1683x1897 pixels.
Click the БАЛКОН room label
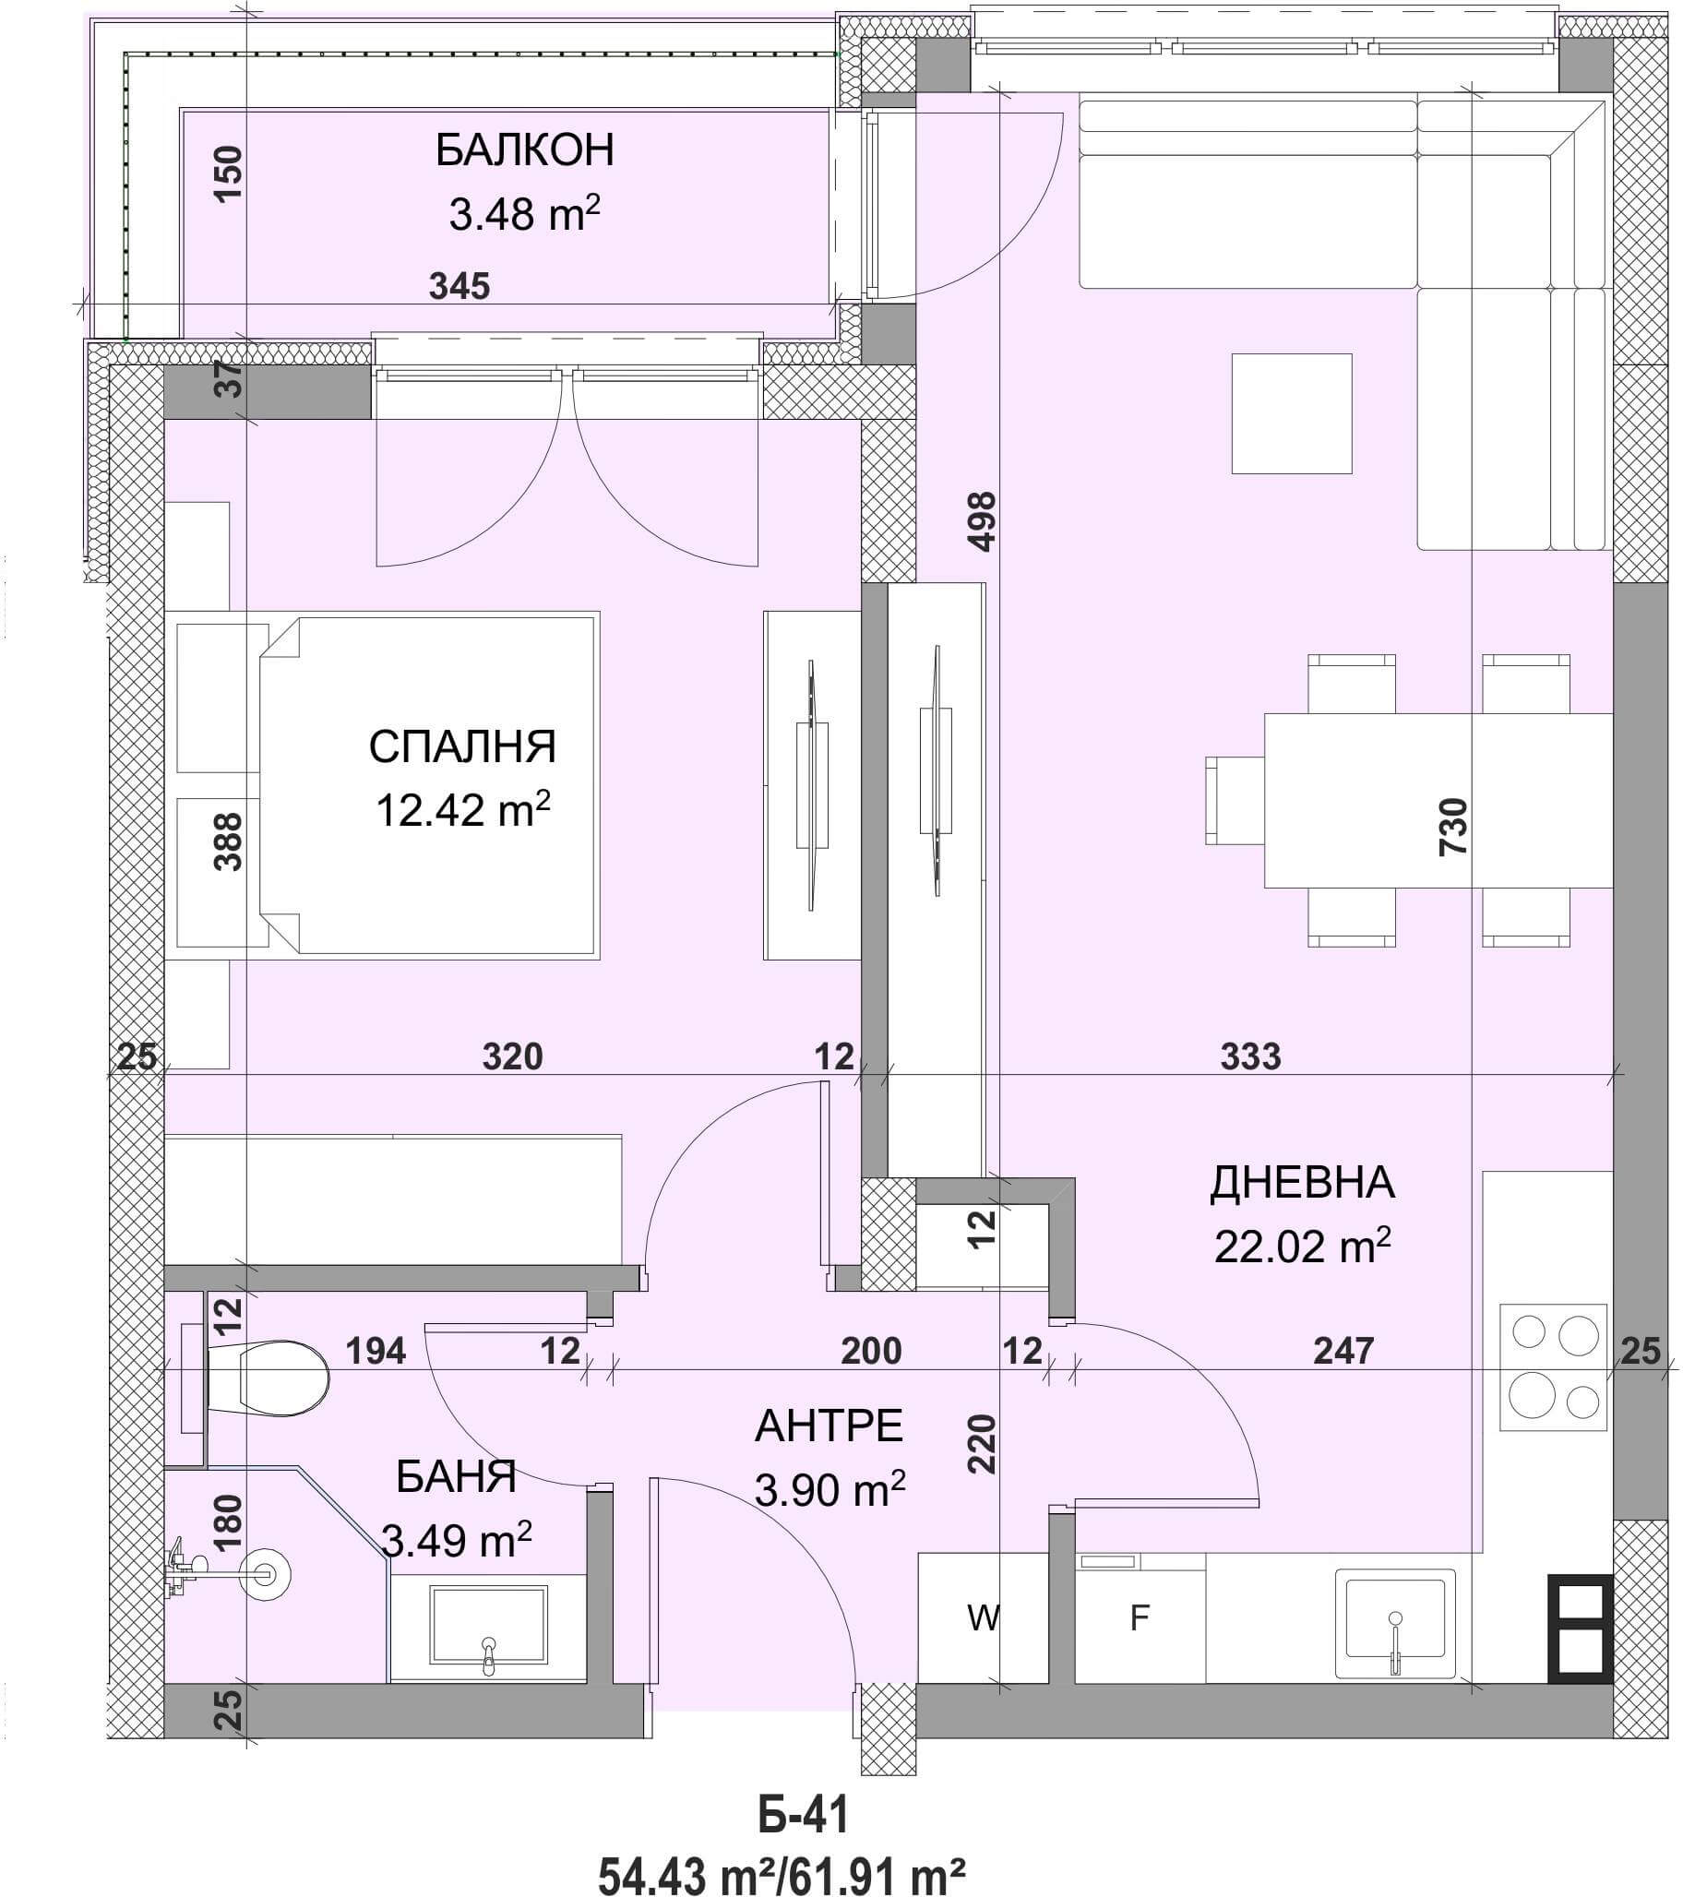coord(524,150)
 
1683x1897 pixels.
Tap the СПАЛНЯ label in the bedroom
coord(462,747)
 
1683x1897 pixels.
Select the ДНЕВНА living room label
coord(1303,1183)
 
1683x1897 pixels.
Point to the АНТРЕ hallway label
coord(829,1426)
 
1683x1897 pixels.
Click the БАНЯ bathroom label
coord(456,1476)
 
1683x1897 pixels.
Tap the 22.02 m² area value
coord(1303,1246)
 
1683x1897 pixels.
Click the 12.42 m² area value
coord(462,809)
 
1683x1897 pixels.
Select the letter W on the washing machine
coord(983,1618)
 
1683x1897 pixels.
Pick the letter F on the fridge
coord(1140,1618)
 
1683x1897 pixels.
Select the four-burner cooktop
coord(1554,1368)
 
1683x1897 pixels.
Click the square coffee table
coord(1291,414)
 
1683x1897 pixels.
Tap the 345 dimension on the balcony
coord(460,286)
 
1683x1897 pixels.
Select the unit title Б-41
coord(804,1816)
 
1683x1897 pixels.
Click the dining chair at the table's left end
coord(1235,800)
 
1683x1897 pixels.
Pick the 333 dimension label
coord(1250,1056)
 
